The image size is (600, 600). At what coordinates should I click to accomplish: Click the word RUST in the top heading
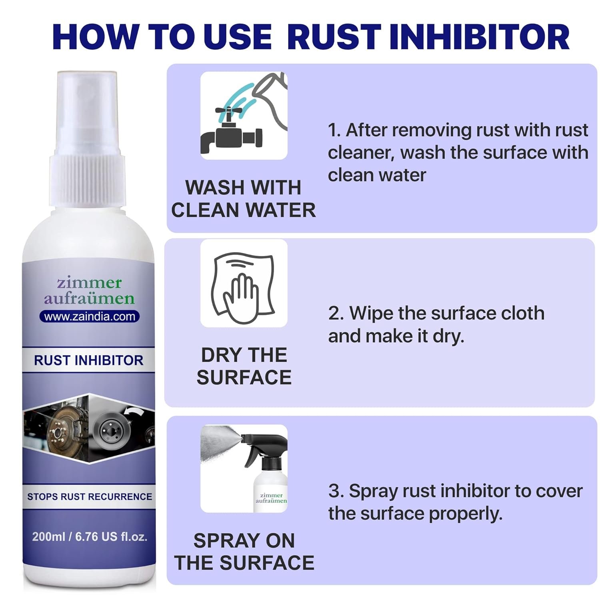[334, 37]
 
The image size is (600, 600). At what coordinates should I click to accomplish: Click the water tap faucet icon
[231, 132]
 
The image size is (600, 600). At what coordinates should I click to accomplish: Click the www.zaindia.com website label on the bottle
[90, 316]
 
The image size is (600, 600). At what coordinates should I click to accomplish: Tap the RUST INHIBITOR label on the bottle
[88, 360]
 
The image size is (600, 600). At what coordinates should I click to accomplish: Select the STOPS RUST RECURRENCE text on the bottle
[90, 496]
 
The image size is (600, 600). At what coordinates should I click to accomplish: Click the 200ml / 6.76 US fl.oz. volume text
[90, 536]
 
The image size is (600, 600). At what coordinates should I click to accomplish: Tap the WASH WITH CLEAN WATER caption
[244, 199]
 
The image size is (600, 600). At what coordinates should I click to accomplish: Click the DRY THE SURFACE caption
[244, 366]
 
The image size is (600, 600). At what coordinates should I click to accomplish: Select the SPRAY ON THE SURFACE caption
[244, 552]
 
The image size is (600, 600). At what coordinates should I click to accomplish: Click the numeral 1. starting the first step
[334, 130]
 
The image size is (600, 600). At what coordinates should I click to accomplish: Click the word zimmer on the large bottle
[89, 283]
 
